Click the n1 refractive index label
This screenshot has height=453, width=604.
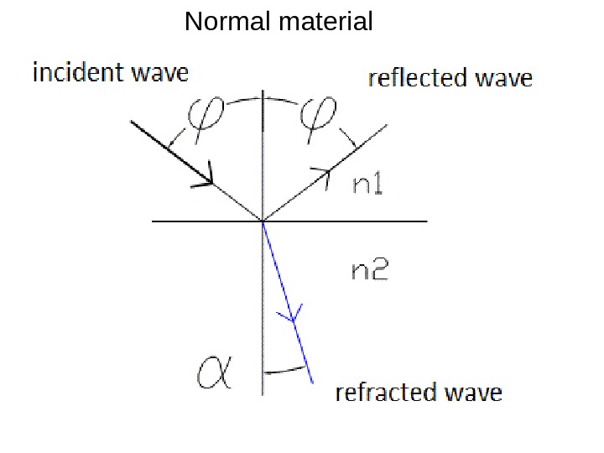point(367,187)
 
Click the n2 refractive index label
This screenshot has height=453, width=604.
point(369,270)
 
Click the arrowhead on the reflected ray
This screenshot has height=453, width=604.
point(321,174)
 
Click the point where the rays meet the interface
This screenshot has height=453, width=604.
point(263,221)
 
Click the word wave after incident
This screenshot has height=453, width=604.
point(159,73)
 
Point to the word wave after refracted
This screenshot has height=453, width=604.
point(474,393)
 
